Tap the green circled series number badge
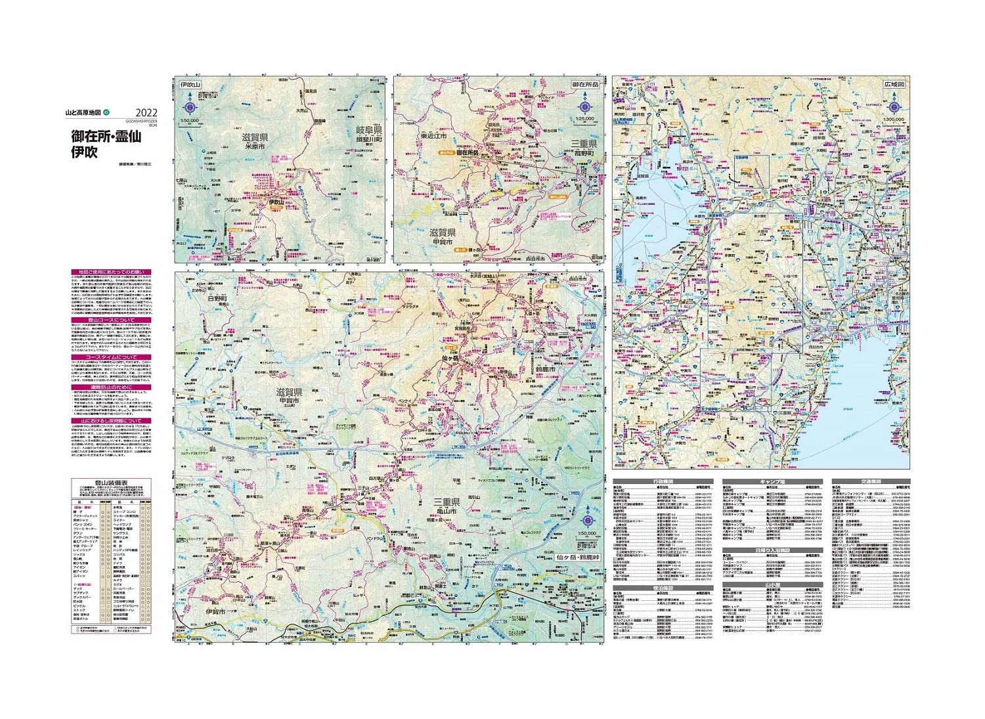[x=116, y=113]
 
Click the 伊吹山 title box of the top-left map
[x=190, y=85]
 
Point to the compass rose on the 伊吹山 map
[x=190, y=105]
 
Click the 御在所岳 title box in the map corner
[x=584, y=85]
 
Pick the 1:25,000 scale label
[x=584, y=120]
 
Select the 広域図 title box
[x=894, y=85]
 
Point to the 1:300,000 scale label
[x=894, y=120]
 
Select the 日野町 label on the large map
[x=216, y=298]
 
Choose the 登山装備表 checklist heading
[x=111, y=483]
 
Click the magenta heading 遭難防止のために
[x=111, y=387]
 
